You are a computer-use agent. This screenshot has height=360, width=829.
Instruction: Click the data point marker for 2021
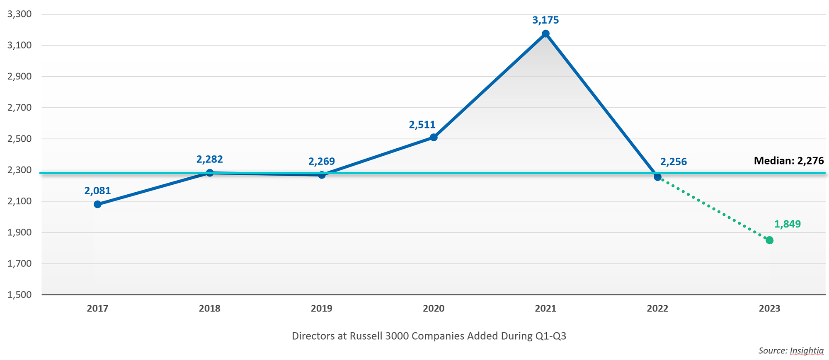point(545,34)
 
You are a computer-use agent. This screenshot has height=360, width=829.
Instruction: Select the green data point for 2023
point(769,240)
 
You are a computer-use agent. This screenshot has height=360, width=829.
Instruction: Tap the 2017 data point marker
point(97,204)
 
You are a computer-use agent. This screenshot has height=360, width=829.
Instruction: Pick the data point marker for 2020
point(434,137)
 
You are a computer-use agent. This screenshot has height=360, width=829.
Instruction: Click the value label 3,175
point(545,20)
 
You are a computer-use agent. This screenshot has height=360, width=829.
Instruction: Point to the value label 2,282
point(209,159)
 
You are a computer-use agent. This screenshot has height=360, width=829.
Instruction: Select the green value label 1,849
point(787,225)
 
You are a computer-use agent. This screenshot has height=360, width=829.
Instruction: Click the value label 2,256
point(673,162)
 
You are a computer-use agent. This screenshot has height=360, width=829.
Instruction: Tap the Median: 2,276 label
point(788,161)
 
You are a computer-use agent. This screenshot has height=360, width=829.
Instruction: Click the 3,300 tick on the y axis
point(19,14)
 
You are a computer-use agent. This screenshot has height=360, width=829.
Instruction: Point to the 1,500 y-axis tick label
point(19,295)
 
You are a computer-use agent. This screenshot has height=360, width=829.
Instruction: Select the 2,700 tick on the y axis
point(19,108)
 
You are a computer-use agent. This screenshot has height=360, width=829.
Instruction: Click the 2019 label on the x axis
point(322,309)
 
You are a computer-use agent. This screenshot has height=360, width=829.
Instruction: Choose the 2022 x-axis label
point(657,309)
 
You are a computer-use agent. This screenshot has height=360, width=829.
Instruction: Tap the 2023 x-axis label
point(769,309)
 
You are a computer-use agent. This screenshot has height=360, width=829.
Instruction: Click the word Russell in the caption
point(366,336)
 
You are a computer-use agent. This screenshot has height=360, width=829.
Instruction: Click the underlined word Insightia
point(807,350)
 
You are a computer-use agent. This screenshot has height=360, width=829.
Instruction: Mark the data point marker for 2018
point(210,173)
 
